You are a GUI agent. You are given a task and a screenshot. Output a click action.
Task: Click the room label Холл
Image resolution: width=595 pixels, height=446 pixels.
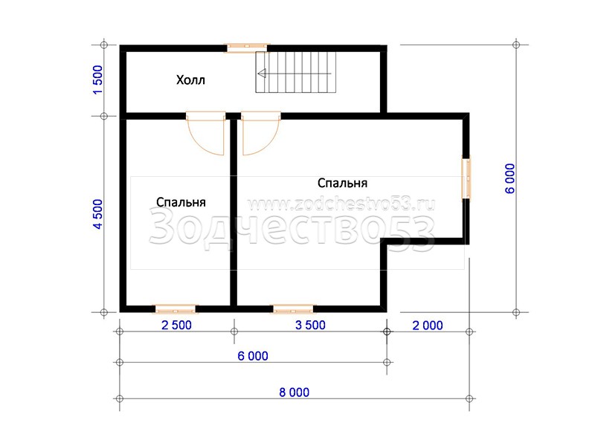coord(190,80)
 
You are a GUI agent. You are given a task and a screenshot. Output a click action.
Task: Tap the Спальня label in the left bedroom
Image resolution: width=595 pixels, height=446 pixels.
coord(181,202)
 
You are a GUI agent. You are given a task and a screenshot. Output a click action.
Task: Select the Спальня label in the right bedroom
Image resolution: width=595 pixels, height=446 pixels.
coord(342,183)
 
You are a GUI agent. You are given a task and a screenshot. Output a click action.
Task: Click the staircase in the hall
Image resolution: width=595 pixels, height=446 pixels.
coord(296,72)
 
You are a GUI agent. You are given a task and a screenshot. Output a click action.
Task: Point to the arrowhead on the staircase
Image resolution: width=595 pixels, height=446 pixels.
coord(262,74)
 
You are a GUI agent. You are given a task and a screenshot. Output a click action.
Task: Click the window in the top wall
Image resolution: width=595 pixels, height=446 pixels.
coord(247,48)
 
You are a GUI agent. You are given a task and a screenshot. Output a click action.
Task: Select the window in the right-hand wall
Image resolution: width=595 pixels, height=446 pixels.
coord(466,178)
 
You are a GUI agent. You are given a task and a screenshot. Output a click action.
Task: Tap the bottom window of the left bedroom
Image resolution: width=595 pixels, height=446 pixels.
coord(175,309)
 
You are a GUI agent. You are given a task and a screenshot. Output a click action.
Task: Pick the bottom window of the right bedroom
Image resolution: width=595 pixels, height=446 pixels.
coord(293,309)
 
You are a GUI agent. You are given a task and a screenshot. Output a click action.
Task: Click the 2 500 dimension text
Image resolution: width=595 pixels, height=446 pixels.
coord(176,326)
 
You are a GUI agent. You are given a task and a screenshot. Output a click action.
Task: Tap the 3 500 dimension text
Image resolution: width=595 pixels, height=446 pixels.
coord(310,326)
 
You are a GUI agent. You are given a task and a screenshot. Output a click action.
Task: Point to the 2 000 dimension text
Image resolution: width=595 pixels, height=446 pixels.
coord(428,326)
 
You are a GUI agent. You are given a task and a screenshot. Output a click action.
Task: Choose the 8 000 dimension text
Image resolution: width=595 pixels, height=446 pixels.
coord(294,392)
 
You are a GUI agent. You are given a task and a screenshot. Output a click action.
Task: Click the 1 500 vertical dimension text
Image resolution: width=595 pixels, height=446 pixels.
coord(97,80)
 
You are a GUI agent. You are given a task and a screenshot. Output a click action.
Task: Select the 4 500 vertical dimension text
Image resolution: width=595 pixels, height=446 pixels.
coord(97,214)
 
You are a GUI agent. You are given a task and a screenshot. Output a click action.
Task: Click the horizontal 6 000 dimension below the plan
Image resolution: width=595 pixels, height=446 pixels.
coord(253,356)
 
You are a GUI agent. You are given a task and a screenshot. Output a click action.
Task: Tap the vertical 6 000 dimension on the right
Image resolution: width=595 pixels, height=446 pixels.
coord(509,178)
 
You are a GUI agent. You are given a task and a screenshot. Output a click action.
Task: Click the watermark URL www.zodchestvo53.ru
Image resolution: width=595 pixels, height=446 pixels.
coord(341,205)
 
